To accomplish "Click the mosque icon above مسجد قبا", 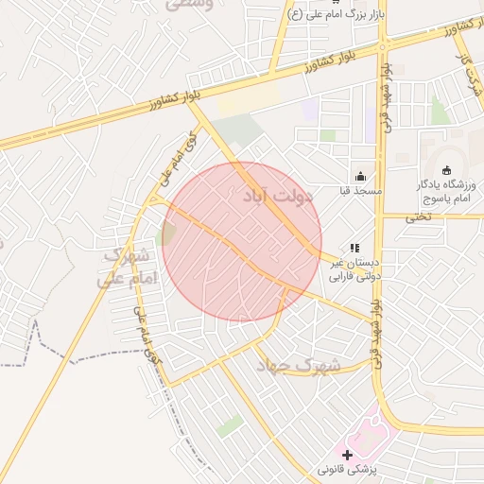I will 359,176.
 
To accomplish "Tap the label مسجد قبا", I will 360,191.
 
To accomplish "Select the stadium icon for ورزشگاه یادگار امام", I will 447,169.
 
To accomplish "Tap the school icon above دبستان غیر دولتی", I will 354,248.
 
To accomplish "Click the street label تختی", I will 417,216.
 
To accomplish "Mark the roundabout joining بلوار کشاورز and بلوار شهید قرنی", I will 382,43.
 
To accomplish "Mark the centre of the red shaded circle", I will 242,242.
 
